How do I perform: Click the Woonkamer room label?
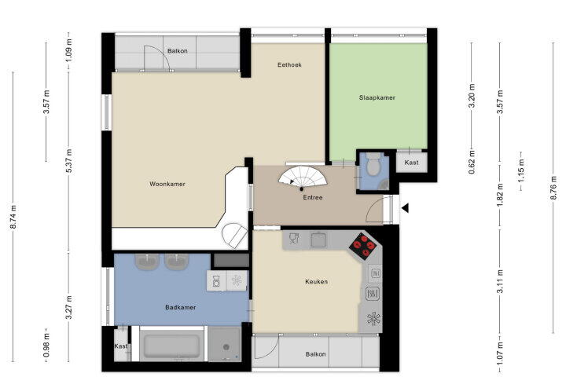tap(167, 184)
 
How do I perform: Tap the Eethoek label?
tap(289, 65)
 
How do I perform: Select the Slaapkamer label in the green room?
tap(377, 97)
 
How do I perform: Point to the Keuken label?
tap(317, 282)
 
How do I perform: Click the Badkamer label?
tap(181, 307)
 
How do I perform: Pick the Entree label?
tap(313, 198)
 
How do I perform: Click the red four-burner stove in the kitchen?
tap(362, 247)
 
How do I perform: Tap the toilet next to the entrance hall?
tap(373, 164)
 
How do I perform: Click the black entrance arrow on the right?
tap(405, 208)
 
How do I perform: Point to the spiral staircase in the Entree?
tap(303, 178)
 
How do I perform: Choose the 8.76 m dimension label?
tap(553, 188)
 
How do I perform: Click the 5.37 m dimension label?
tap(69, 160)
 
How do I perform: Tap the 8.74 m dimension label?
tap(13, 217)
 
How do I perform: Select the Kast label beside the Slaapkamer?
tap(411, 163)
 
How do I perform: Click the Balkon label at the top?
tap(177, 51)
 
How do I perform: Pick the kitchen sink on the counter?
tap(318, 240)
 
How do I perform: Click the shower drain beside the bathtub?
tap(226, 347)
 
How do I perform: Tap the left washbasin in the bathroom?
tap(147, 262)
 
